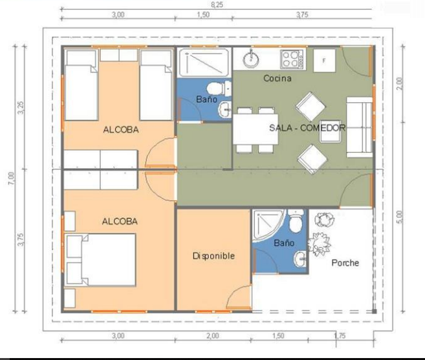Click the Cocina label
277,79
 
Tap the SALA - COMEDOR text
307,128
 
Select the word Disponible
213,256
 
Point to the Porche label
345,263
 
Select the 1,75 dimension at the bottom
340,335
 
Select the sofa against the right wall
359,127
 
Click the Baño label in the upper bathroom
206,100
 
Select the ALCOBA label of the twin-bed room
120,129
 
